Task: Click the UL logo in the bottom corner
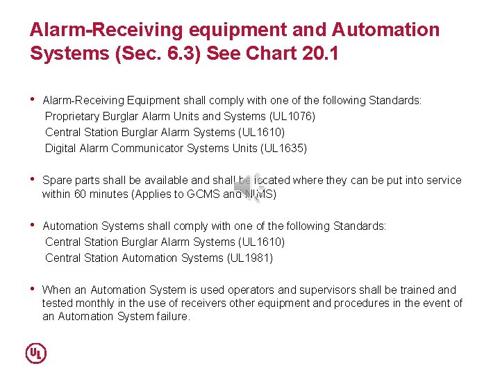pyautogui.click(x=36, y=353)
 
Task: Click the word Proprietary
pyautogui.click(x=72, y=116)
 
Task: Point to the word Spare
pyautogui.click(x=56, y=180)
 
